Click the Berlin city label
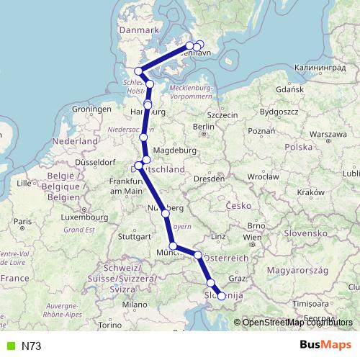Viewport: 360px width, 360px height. [x=204, y=127]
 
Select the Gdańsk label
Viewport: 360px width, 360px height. [x=293, y=91]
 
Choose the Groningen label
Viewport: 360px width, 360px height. [x=89, y=109]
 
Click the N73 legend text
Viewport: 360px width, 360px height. [x=31, y=346]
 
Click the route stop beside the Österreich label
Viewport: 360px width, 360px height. [x=198, y=255]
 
